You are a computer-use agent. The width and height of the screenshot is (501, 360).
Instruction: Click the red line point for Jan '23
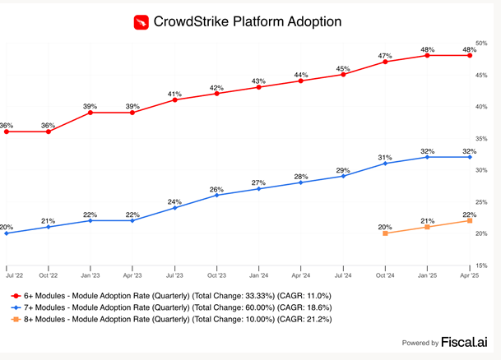point(90,112)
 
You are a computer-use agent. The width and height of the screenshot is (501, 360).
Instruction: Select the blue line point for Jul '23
point(175,208)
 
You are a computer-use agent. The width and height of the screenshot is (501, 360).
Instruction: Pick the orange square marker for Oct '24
point(385,233)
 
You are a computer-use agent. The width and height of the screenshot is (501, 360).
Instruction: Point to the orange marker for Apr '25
point(470,220)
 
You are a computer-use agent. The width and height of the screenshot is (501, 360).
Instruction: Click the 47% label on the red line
point(384,55)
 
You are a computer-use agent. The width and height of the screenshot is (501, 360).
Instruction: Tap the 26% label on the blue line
point(216,189)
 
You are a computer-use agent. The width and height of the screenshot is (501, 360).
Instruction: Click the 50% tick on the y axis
point(481,43)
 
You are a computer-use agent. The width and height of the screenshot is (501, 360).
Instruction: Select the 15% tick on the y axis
point(481,265)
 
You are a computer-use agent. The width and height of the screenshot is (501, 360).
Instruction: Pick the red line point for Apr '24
point(301,81)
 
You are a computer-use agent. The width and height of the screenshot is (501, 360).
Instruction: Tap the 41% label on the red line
point(174,94)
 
